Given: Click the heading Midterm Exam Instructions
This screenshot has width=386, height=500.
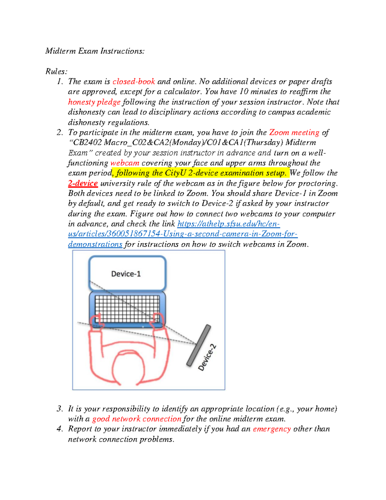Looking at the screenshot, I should tap(95, 51).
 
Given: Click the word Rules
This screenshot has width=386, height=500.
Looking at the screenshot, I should tap(56, 71).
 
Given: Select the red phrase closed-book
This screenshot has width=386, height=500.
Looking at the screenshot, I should tap(133, 82).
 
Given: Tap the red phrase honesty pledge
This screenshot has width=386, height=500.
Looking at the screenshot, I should tap(94, 102).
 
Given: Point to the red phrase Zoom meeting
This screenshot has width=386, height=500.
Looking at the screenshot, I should tap(294, 133).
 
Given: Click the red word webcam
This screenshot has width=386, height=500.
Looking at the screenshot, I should tap(125, 163).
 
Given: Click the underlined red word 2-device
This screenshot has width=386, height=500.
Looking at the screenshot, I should tap(83, 184).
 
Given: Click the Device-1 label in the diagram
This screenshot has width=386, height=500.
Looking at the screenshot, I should tap(126, 274).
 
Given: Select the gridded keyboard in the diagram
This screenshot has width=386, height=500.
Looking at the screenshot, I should tap(127, 308).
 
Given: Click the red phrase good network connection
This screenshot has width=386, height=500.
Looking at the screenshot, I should tap(137, 419).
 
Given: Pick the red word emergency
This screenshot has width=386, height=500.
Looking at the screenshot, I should tap(272, 429).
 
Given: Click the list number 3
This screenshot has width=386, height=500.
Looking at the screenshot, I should tap(60, 409).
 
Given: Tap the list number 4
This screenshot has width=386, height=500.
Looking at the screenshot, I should tap(60, 429).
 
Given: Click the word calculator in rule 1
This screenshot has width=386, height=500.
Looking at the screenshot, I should tap(182, 92).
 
